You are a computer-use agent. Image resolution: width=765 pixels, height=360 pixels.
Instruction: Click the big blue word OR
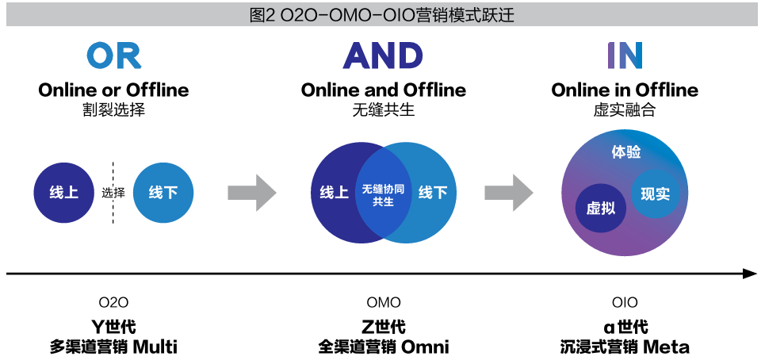pyautogui.click(x=113, y=56)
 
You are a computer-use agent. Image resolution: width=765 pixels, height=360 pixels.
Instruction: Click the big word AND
pyautogui.click(x=383, y=56)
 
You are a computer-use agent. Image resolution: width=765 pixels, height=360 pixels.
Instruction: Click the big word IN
pyautogui.click(x=625, y=56)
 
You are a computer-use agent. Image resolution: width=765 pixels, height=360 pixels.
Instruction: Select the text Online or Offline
pyautogui.click(x=113, y=90)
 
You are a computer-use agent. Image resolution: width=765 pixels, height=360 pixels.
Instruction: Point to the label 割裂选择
pyautogui.click(x=113, y=109)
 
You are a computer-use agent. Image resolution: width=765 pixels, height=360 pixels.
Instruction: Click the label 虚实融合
pyautogui.click(x=625, y=109)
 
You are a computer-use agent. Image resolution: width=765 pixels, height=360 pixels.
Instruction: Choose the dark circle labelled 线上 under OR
pyautogui.click(x=63, y=193)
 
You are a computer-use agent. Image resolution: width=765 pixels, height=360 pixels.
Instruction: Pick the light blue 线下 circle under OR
pyautogui.click(x=163, y=193)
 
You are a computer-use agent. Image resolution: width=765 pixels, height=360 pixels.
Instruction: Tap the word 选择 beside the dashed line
pyautogui.click(x=113, y=193)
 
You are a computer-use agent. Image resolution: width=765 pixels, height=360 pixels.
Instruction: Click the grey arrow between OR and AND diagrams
pyautogui.click(x=251, y=193)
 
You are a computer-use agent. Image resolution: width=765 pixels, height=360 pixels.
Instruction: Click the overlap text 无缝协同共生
pyautogui.click(x=383, y=195)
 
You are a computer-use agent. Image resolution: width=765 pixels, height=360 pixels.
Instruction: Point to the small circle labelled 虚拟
pyautogui.click(x=600, y=208)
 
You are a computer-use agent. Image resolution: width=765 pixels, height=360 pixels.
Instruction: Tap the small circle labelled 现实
pyautogui.click(x=655, y=193)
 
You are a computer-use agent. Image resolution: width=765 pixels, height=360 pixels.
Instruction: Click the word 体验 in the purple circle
pyautogui.click(x=626, y=152)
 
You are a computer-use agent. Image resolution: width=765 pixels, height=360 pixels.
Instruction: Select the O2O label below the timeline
pyautogui.click(x=113, y=302)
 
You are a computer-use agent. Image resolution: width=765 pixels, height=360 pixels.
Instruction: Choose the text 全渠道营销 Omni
pyautogui.click(x=383, y=347)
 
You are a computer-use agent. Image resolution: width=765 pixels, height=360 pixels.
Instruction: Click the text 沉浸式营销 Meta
pyautogui.click(x=625, y=347)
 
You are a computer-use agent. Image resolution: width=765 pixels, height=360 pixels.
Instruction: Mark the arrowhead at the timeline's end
pyautogui.click(x=750, y=274)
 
